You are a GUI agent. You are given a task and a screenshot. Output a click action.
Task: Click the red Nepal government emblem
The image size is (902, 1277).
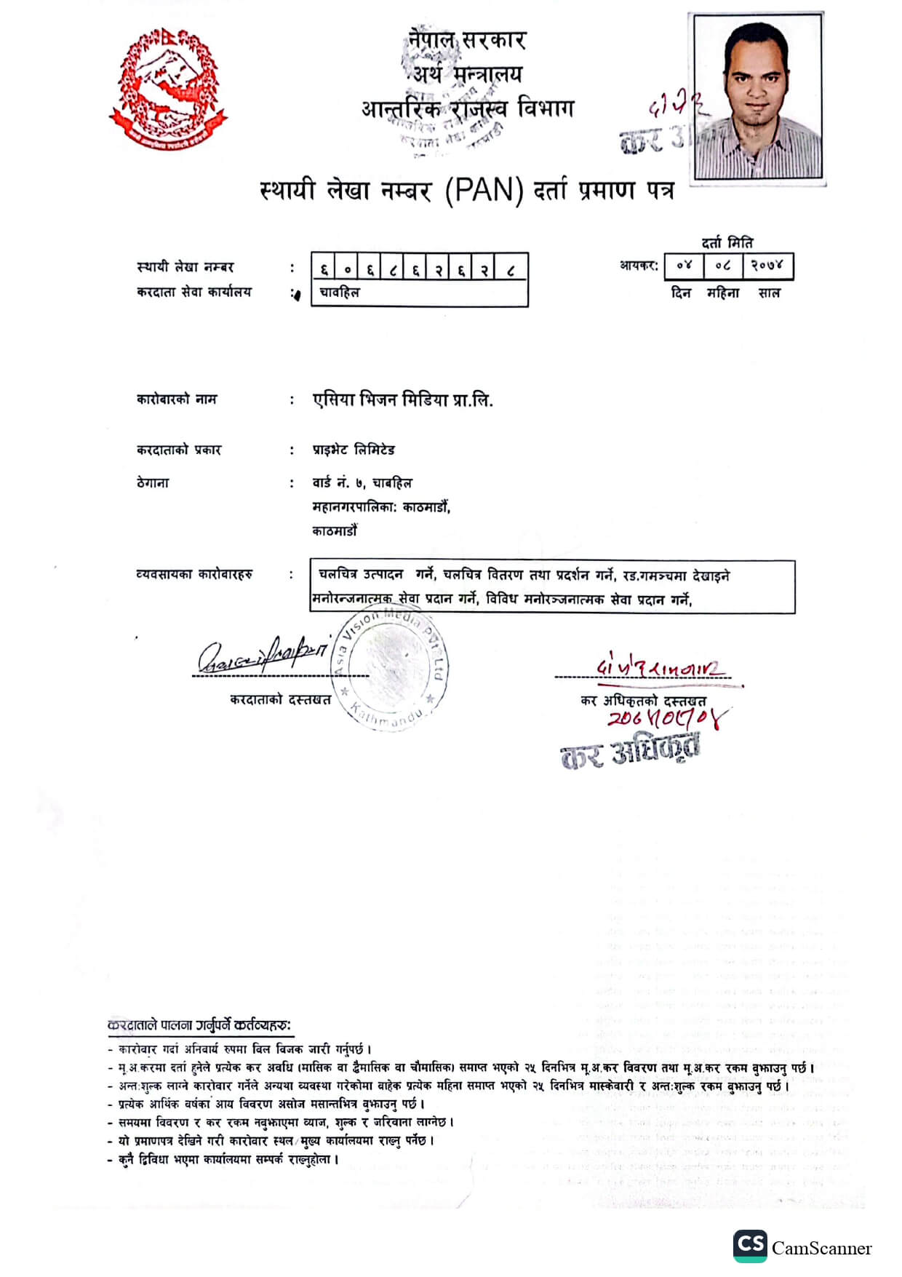(x=168, y=89)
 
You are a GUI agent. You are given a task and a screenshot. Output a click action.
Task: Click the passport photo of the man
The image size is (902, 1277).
(x=758, y=96)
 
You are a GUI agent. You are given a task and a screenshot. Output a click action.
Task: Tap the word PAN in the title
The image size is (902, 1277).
(x=484, y=191)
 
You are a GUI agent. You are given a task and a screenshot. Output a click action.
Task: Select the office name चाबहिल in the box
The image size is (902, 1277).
(x=339, y=293)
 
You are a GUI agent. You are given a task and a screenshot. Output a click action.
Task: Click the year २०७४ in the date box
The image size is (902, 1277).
(x=767, y=266)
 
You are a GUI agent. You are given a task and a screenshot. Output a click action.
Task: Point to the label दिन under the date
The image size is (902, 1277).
(x=681, y=293)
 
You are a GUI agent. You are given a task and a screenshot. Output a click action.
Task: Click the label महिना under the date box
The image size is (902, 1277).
(x=722, y=293)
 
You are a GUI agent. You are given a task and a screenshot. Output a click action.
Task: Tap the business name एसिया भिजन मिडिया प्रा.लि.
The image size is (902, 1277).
(x=402, y=399)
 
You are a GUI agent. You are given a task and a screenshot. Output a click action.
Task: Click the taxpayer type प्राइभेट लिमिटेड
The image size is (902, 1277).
(x=354, y=450)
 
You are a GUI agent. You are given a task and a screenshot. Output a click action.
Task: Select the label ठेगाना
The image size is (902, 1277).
(x=153, y=482)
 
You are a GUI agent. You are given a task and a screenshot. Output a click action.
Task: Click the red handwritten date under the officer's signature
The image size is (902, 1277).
(x=666, y=719)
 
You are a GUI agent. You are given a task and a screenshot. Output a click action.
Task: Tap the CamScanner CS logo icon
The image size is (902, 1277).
(x=750, y=1246)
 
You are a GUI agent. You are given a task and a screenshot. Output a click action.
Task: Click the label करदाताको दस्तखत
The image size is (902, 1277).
(x=280, y=699)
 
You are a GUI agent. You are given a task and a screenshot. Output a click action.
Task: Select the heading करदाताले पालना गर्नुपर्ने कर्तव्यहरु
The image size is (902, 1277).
(x=199, y=1025)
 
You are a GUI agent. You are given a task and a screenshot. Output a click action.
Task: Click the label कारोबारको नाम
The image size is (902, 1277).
(x=177, y=399)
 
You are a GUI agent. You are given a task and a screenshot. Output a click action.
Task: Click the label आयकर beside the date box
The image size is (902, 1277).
(x=638, y=266)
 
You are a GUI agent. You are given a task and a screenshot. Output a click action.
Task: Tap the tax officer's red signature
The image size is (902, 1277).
(x=660, y=667)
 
